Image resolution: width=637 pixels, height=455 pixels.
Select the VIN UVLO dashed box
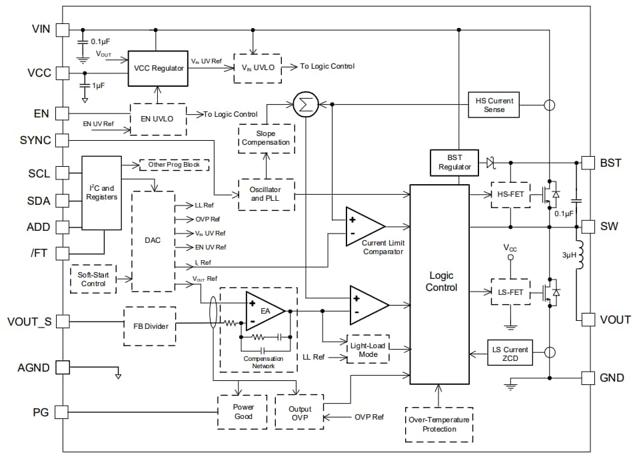257,67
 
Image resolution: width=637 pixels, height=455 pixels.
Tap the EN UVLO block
158,119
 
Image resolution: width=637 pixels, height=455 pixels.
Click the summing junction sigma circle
305,104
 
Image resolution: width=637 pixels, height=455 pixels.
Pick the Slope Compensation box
266,138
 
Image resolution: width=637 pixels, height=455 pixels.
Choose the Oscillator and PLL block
266,194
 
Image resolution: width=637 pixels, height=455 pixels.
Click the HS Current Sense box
494,105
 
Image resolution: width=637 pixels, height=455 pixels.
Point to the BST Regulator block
454,162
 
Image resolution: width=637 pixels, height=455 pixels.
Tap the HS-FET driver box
510,194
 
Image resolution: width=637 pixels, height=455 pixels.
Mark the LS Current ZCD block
510,354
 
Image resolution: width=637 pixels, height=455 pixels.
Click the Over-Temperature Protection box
438,424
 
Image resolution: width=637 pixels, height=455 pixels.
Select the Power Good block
243,412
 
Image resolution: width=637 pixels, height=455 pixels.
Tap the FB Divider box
150,326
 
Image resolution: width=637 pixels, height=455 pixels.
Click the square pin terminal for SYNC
62,141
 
